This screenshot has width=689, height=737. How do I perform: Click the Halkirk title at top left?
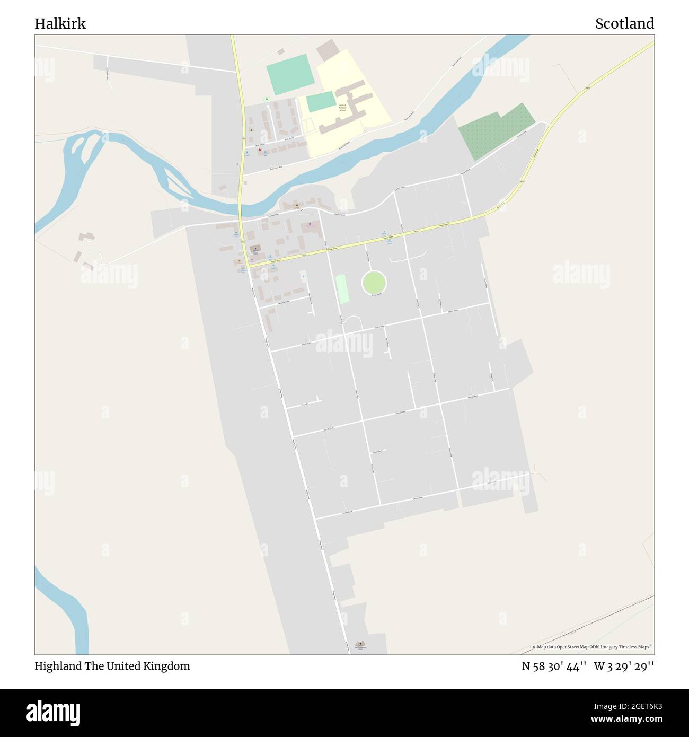60,24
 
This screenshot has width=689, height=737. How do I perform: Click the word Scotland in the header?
624,24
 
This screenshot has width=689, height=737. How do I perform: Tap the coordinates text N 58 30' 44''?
553,666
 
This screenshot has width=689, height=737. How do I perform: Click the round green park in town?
374,282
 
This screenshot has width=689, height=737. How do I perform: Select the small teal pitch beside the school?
321,101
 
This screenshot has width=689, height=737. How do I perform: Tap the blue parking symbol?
303,275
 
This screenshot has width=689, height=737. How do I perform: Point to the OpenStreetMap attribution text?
594,647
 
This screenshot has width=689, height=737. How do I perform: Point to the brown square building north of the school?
327,49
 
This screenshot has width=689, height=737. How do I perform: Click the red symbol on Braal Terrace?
259,150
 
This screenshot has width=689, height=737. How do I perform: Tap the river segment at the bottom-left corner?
69,610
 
